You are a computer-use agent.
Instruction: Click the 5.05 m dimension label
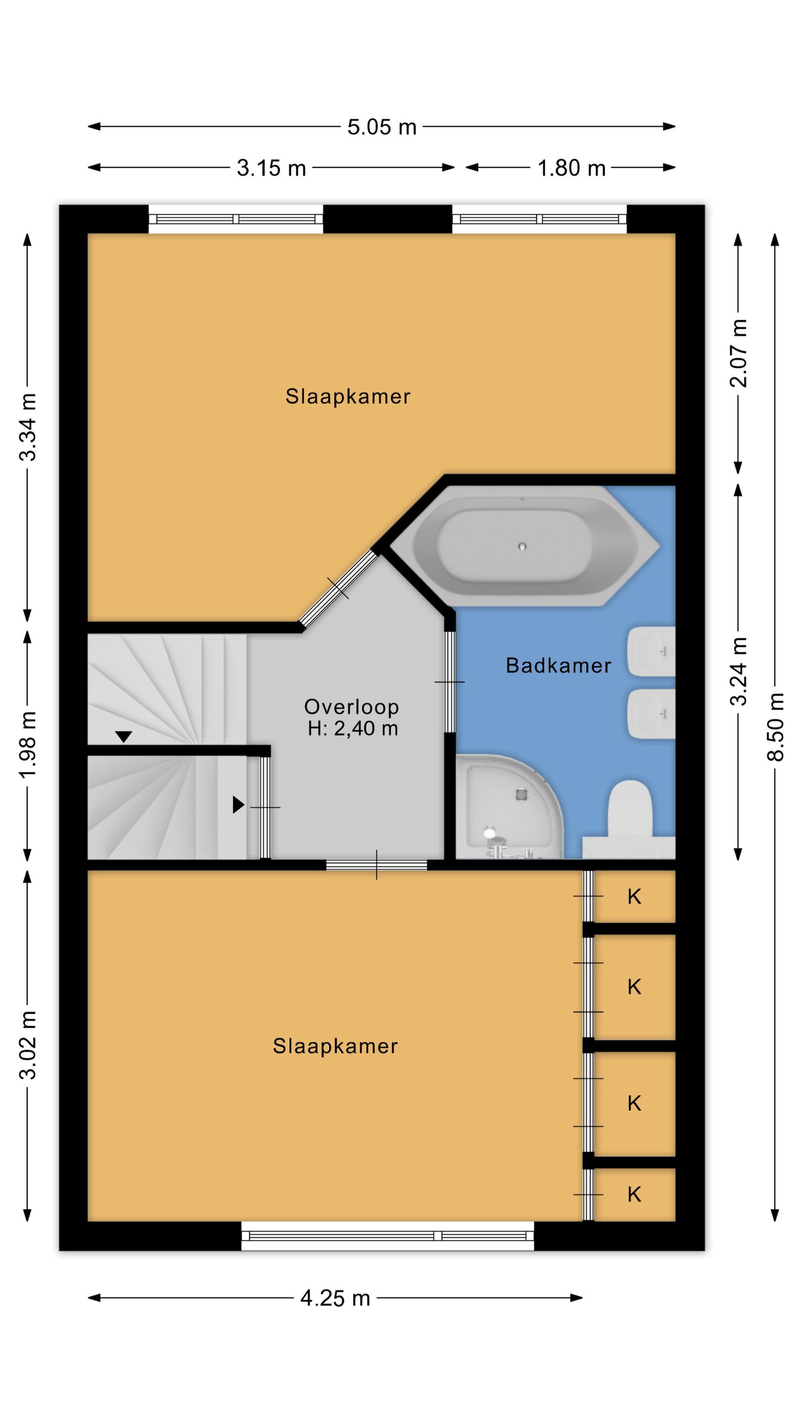pyautogui.click(x=381, y=127)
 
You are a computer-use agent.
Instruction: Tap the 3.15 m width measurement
pyautogui.click(x=271, y=168)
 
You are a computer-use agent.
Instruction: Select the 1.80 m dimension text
pyautogui.click(x=571, y=168)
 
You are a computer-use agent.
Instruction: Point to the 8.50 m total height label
pyautogui.click(x=775, y=727)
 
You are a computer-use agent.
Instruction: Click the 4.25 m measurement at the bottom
pyautogui.click(x=335, y=1298)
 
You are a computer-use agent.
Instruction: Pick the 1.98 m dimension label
pyautogui.click(x=28, y=745)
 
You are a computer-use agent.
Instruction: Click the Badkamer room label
pyautogui.click(x=558, y=665)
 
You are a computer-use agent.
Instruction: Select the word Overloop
pyautogui.click(x=351, y=707)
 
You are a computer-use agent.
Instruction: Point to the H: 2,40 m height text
pyautogui.click(x=352, y=728)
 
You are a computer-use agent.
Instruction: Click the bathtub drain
pyautogui.click(x=522, y=547)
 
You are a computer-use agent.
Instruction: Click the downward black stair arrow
pyautogui.click(x=123, y=737)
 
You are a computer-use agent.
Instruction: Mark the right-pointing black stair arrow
pyautogui.click(x=239, y=805)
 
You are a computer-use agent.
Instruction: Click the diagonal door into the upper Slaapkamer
pyautogui.click(x=338, y=588)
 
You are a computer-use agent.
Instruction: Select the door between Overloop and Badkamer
pyautogui.click(x=450, y=682)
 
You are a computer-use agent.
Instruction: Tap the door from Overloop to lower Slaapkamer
pyautogui.click(x=376, y=864)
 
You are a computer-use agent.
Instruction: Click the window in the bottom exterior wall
pyautogui.click(x=388, y=1236)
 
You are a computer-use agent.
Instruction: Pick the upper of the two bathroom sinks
pyautogui.click(x=652, y=652)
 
